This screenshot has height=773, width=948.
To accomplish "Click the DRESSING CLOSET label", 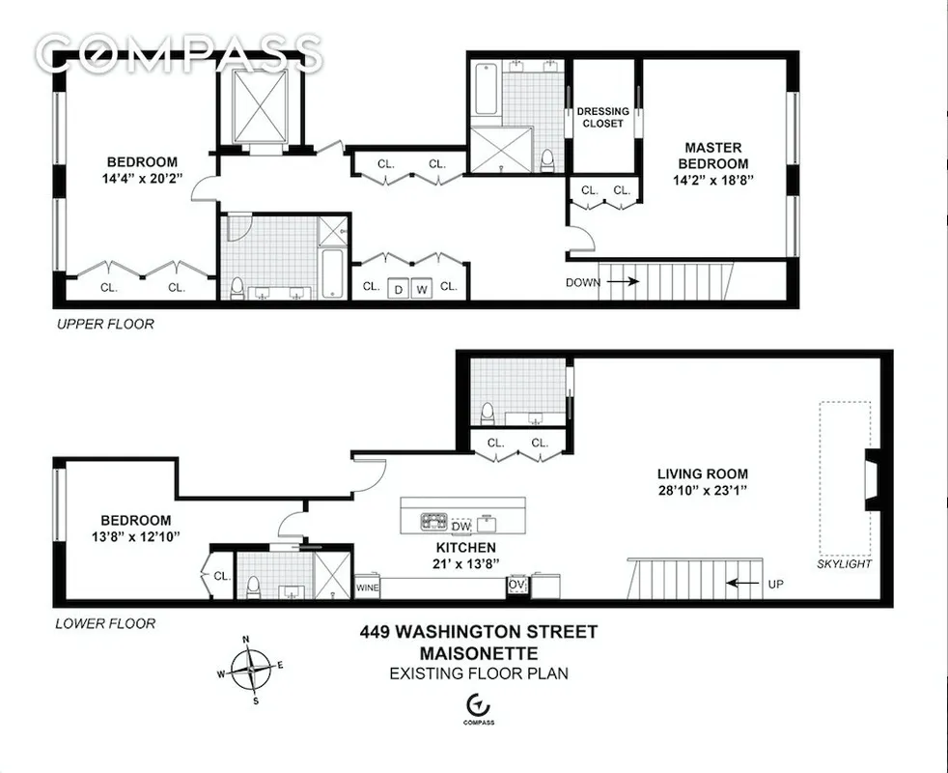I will pos(603,118).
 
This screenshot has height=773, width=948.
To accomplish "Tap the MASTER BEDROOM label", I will pos(713,156).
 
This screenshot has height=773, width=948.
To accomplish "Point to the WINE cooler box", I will pos(368,587).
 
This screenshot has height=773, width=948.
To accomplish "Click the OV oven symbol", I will pos(516,586).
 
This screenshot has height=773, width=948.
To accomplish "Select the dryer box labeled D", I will pos(398,289).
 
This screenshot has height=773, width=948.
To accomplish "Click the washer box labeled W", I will pos(422,289).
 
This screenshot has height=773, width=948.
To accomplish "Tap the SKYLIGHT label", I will pos(844,563).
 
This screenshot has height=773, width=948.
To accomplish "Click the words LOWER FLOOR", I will pos(104,623).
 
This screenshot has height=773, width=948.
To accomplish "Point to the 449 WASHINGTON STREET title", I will pos(478,632).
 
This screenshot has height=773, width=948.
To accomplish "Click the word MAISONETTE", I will pos(478,653).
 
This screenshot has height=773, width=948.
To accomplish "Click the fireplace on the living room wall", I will pos(871,479).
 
